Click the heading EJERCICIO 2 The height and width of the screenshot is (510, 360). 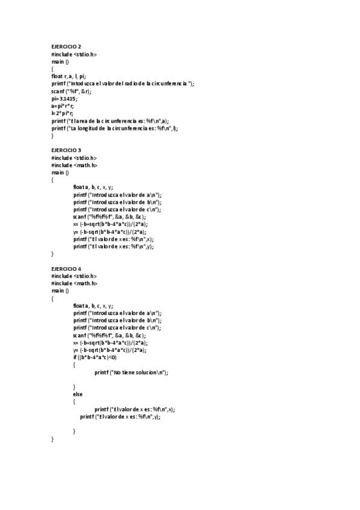66,47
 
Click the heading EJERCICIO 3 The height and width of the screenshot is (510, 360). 66,150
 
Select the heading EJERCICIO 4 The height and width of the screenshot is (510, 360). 66,269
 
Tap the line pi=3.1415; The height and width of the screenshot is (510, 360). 65,99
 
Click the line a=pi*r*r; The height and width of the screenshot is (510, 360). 63,106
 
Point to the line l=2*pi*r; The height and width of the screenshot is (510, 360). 63,113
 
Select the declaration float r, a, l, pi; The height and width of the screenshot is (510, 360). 69,76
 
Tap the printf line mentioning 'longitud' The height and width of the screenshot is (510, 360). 115,128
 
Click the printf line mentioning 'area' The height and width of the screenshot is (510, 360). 110,121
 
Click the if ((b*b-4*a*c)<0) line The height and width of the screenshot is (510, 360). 95,358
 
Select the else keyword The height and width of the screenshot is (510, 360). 78,395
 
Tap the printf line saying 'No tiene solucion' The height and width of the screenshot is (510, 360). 131,373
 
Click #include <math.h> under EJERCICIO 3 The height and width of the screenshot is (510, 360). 75,165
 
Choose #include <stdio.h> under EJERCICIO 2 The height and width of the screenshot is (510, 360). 75,54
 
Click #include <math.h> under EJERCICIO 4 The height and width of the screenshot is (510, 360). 75,283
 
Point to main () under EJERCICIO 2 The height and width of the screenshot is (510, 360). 60,61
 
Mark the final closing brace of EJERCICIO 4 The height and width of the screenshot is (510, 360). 53,439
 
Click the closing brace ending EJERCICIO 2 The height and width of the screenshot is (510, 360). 53,136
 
